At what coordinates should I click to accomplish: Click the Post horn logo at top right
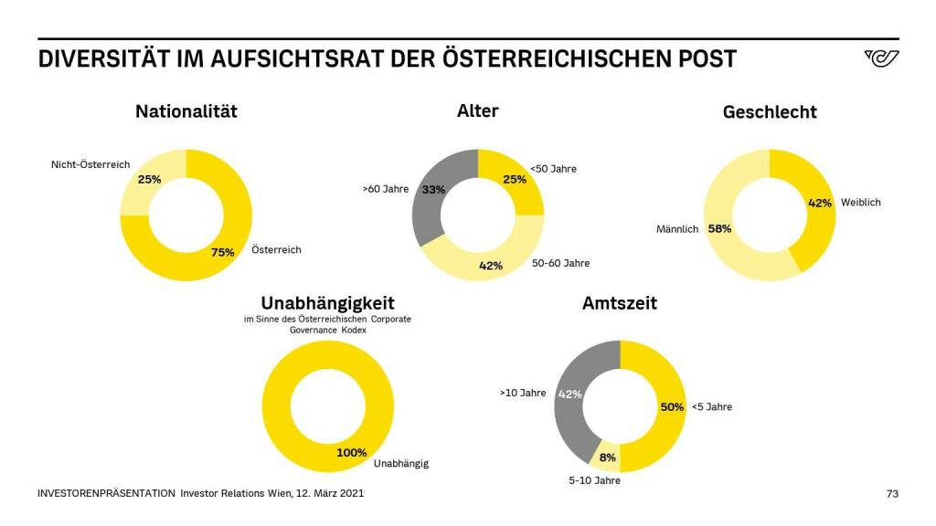point(881,59)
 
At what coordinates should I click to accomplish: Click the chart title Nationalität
point(186,111)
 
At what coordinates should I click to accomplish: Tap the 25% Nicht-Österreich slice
point(146,183)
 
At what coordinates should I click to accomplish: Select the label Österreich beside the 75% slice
point(277,249)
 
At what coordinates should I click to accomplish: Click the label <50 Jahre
point(554,169)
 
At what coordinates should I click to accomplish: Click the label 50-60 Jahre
point(560,263)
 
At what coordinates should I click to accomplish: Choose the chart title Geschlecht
point(770,112)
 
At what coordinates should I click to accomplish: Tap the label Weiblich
point(861,203)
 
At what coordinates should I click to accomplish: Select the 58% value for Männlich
point(719,229)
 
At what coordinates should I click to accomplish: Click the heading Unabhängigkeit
point(328,302)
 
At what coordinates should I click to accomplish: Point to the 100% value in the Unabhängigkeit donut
point(352,452)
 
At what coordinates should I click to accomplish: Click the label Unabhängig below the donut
point(401,464)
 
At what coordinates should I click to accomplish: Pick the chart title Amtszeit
point(620,303)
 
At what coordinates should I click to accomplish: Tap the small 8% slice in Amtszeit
point(608,458)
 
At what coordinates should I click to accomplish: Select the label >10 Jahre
point(523,393)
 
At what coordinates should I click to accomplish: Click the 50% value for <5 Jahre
point(672,406)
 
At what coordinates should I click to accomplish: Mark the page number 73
point(892,494)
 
